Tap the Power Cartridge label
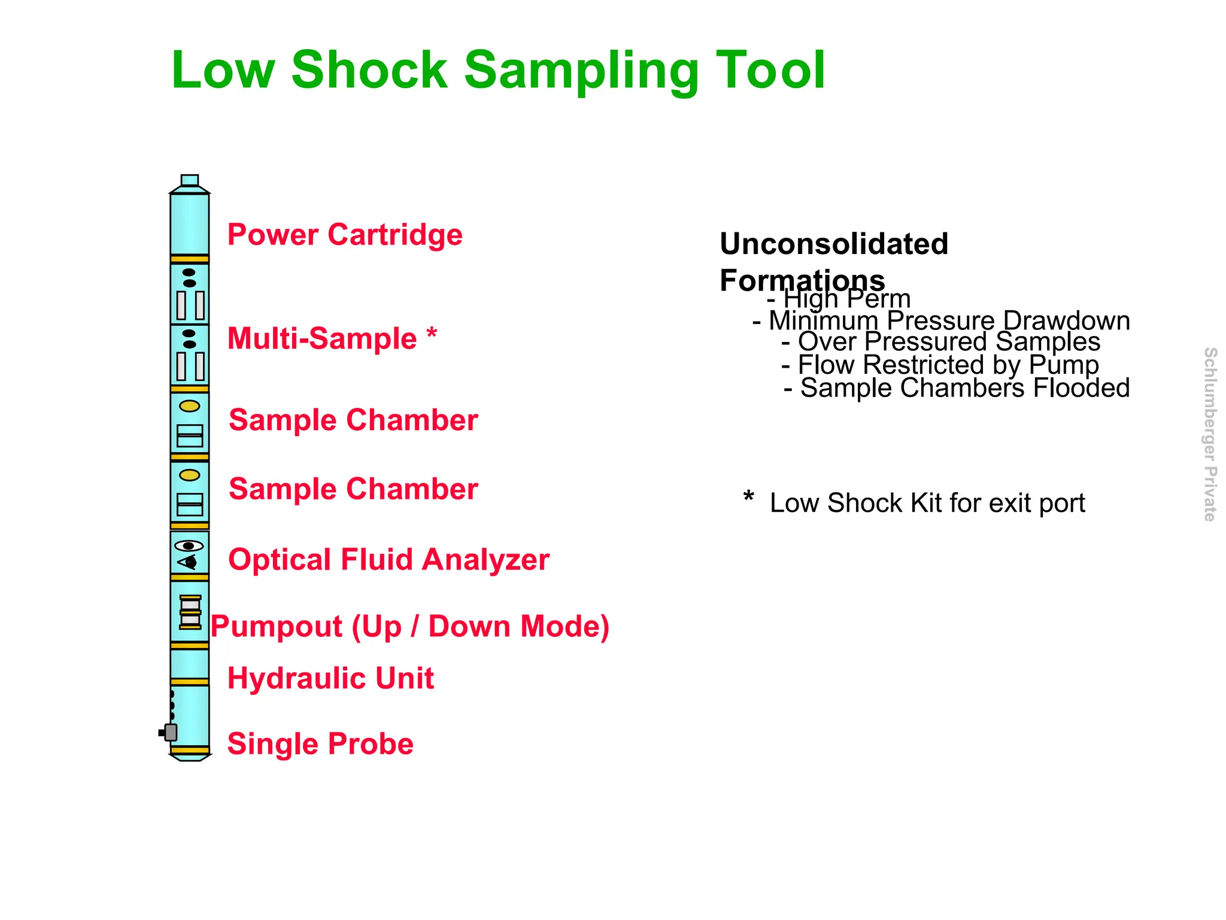[x=345, y=234]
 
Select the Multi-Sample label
[x=322, y=339]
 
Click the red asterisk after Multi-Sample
[x=432, y=334]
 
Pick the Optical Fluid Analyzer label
[x=389, y=560]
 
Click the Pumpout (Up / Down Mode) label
[x=410, y=627]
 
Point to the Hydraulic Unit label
[x=330, y=679]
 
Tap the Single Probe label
[x=320, y=744]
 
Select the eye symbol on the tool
[x=189, y=546]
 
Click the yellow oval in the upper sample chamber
[x=190, y=406]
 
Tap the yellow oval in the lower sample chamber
[x=190, y=475]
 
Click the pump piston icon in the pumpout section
[x=190, y=612]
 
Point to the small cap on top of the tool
[x=189, y=180]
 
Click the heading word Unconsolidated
[x=833, y=244]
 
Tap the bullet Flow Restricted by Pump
[x=940, y=365]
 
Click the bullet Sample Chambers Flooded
[x=956, y=388]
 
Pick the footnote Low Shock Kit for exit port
[x=927, y=503]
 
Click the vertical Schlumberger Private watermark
[x=1210, y=434]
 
